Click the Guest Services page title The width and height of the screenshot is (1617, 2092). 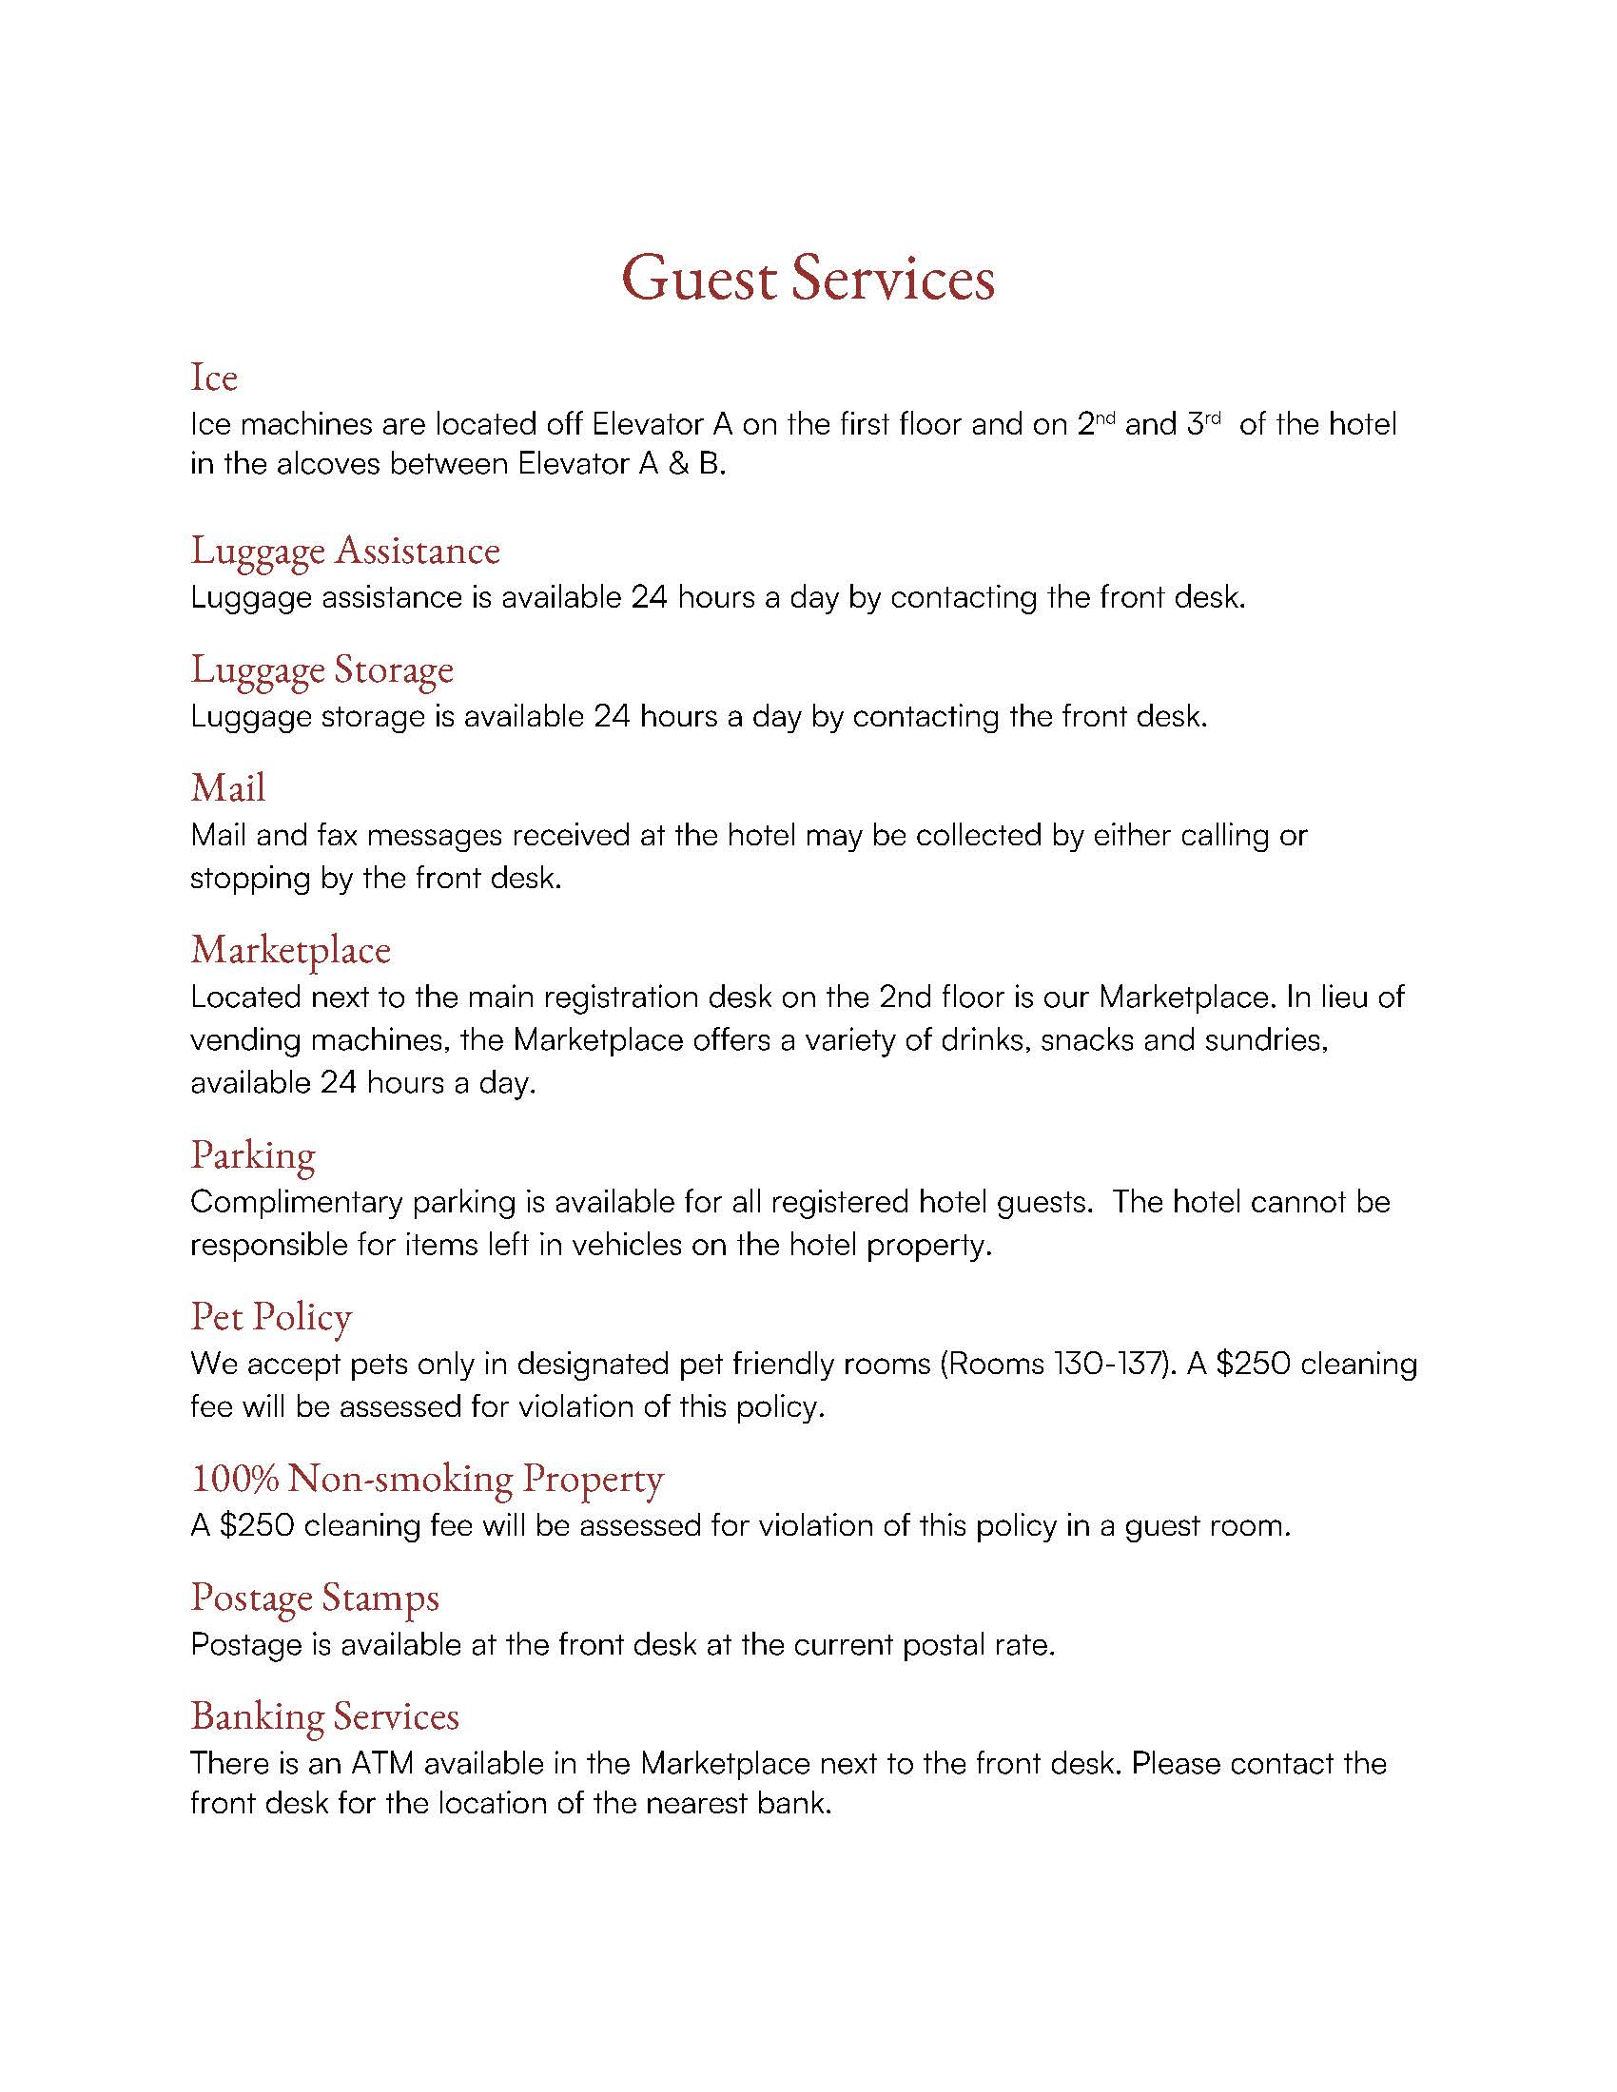point(808,279)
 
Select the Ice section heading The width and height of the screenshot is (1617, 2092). point(214,378)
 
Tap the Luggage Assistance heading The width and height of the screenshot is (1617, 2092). point(345,551)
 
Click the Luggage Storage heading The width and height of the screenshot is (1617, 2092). point(321,669)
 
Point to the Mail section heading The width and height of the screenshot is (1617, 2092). point(228,788)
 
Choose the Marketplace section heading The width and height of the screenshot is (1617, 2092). point(290,950)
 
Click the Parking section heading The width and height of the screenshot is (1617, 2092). point(253,1155)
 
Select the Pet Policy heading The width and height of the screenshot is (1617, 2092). point(271,1317)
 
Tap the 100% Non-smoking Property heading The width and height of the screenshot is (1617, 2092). point(427,1479)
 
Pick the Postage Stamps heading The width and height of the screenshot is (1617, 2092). point(315,1598)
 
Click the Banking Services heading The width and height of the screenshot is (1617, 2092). point(324,1716)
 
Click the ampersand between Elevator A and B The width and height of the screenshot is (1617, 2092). point(679,465)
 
